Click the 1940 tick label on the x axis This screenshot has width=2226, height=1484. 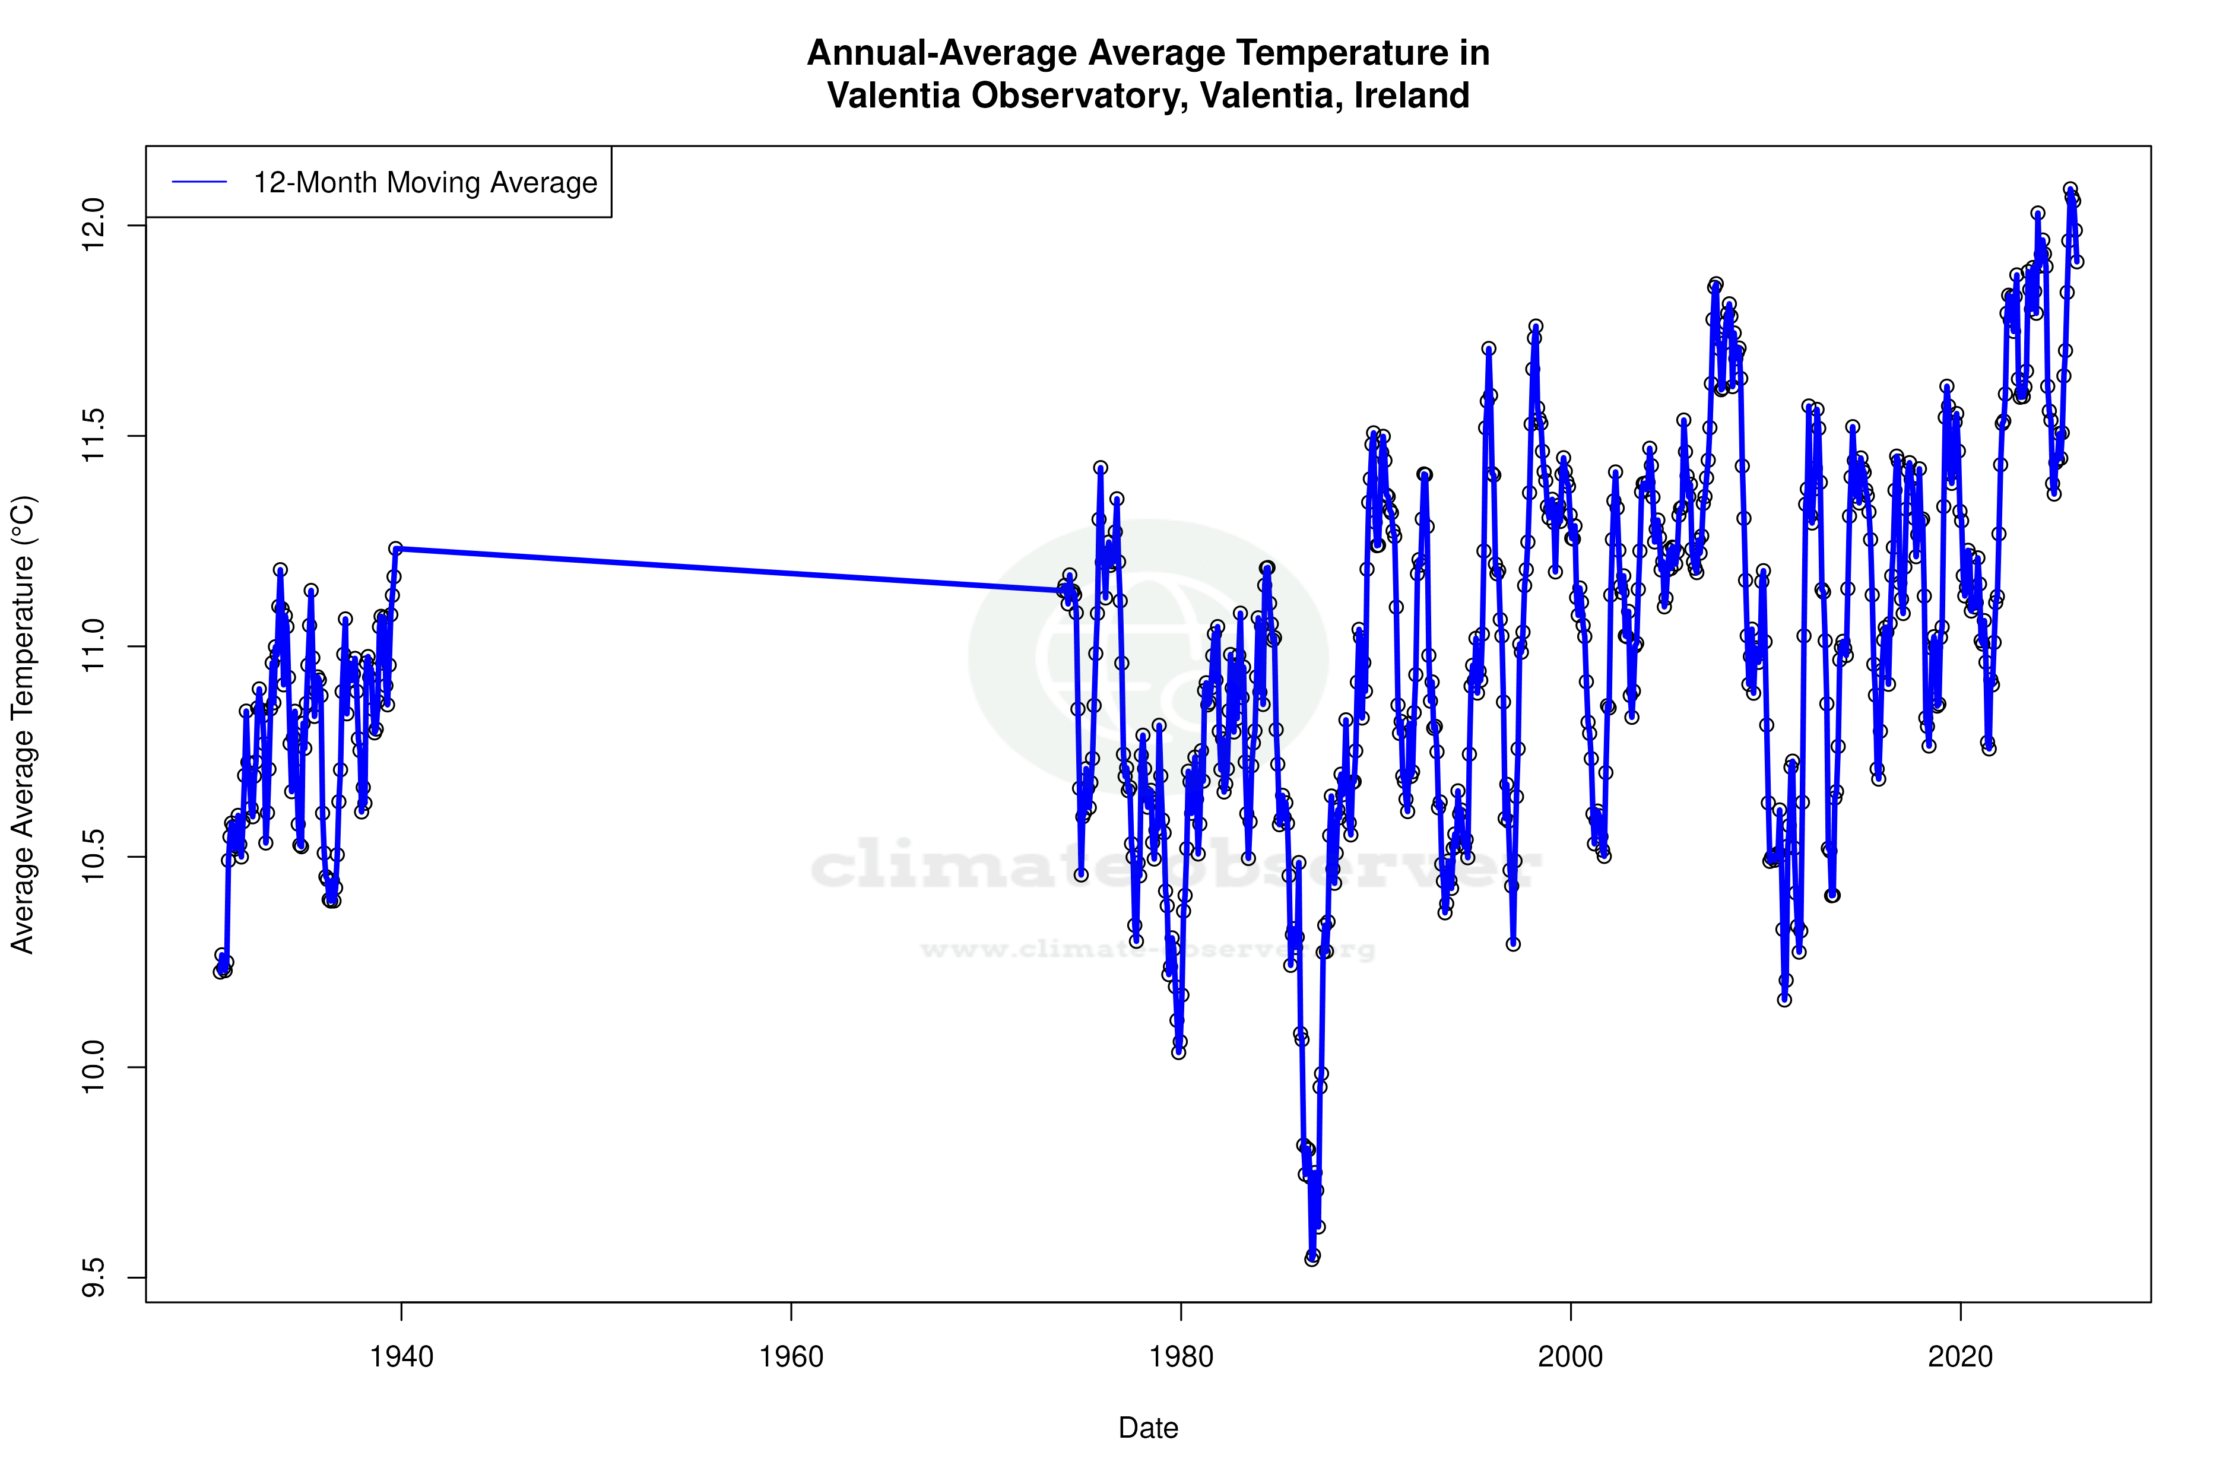pos(401,1357)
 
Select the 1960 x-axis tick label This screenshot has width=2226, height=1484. pos(791,1357)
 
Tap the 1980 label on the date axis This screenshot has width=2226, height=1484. pos(1181,1357)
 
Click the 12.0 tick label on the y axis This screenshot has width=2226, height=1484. pos(94,225)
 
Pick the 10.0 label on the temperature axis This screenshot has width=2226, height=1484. pos(94,1067)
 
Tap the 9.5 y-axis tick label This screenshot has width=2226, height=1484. pos(94,1277)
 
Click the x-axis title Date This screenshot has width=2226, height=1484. pos(1148,1428)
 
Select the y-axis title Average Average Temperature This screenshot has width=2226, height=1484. pos(23,724)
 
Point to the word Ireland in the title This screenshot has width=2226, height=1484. pos(1412,96)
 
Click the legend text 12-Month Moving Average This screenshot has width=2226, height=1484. pos(425,183)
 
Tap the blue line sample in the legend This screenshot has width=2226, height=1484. pos(199,183)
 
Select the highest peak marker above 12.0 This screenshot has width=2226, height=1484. pos(2071,189)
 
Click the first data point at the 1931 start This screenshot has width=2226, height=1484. pos(220,972)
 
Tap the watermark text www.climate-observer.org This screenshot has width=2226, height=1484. pos(1148,949)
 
